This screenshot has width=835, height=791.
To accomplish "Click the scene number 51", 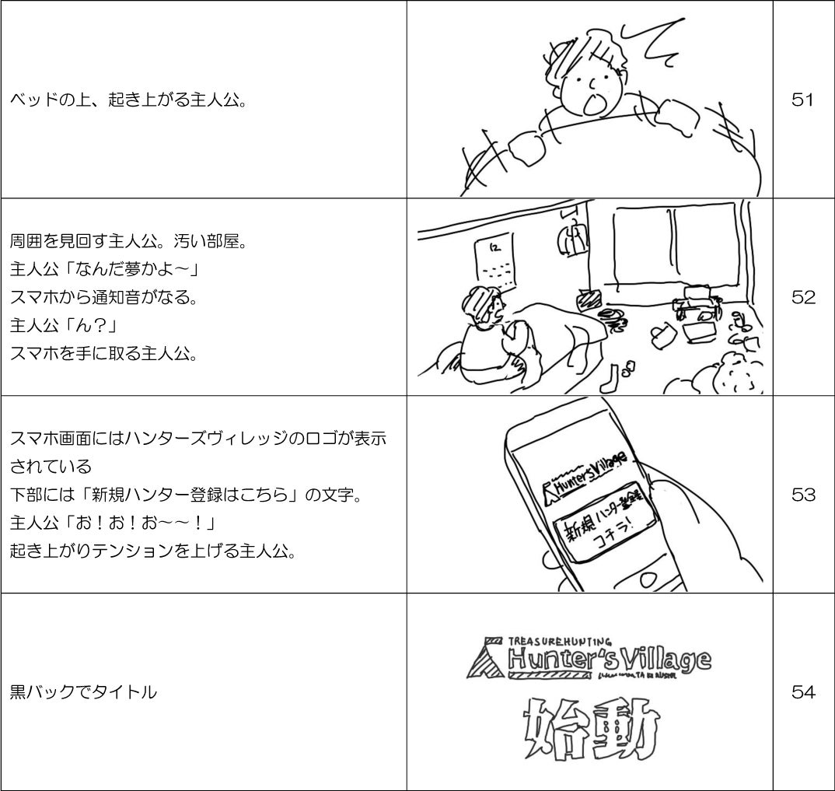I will (x=802, y=100).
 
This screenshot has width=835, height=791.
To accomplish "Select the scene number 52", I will (x=802, y=297).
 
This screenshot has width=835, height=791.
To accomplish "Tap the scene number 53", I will (x=802, y=495).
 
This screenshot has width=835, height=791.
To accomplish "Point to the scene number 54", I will (x=802, y=691).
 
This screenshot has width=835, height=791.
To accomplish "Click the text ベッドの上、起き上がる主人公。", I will (x=128, y=100).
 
